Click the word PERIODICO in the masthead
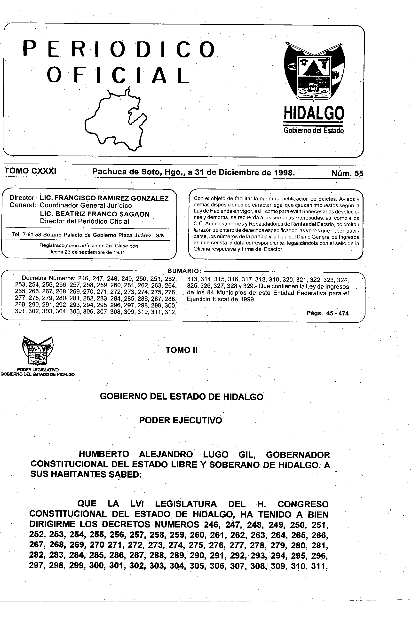pyautogui.click(x=119, y=49)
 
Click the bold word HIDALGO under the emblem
pyautogui.click(x=314, y=113)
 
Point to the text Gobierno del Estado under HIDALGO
pyautogui.click(x=314, y=131)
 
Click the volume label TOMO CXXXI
pyautogui.click(x=30, y=171)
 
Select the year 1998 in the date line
pyautogui.click(x=284, y=173)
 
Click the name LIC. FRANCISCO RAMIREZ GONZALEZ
pyautogui.click(x=104, y=198)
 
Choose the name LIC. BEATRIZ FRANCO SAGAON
pyautogui.click(x=95, y=214)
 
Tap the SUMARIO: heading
pyautogui.click(x=185, y=271)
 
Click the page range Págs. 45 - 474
pyautogui.click(x=327, y=313)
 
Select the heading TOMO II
pyautogui.click(x=182, y=350)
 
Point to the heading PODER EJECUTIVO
pyautogui.click(x=181, y=420)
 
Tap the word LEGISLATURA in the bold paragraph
pyautogui.click(x=186, y=504)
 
